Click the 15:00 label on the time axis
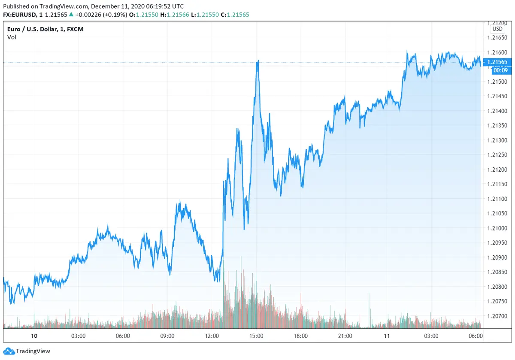tap(256, 336)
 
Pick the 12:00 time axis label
tap(212, 336)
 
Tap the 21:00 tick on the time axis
tap(345, 336)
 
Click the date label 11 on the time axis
tap(387, 336)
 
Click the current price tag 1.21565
tap(497, 62)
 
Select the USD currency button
tap(497, 29)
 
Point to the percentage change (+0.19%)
tap(115, 15)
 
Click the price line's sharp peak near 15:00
tap(257, 61)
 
